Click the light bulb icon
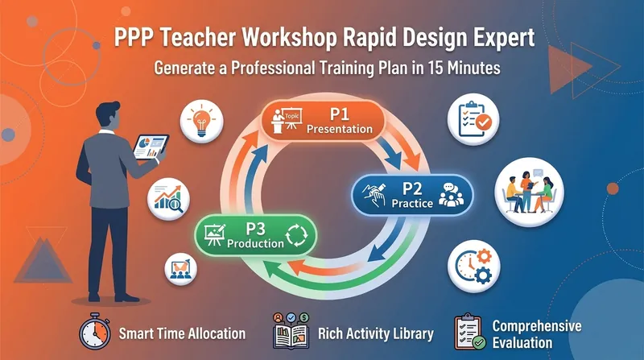pos(201,122)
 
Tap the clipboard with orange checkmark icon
pos(474,119)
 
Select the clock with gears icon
pos(474,267)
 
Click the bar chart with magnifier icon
pos(168,199)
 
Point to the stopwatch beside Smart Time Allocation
pos(95,332)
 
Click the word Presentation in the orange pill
pos(340,129)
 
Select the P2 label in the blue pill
pos(411,188)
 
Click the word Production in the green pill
pos(255,243)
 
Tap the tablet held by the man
pos(151,147)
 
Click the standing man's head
pos(108,115)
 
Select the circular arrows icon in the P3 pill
pos(296,235)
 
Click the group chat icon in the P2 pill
pos(451,194)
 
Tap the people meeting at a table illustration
pos(529,192)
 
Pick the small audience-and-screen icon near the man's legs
pos(180,270)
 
